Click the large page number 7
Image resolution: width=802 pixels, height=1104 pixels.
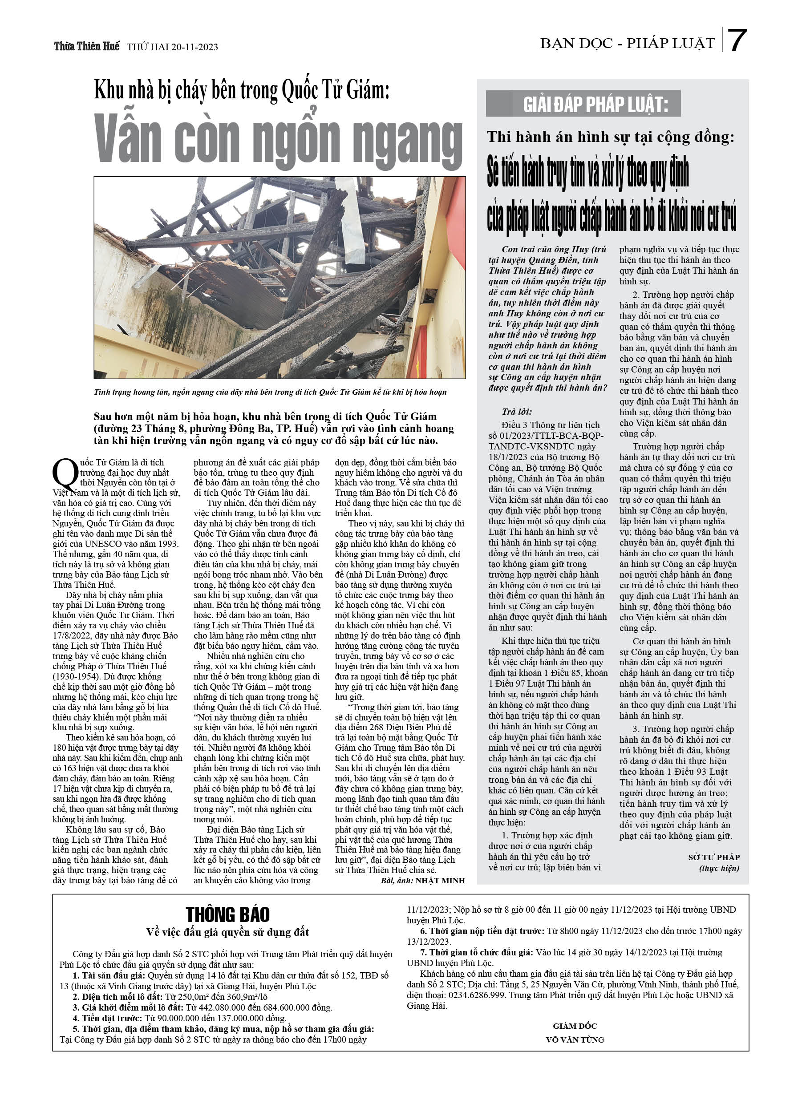coord(737,40)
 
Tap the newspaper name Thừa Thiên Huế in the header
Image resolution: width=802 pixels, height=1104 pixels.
coord(87,47)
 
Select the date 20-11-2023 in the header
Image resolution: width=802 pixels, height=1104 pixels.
coord(194,47)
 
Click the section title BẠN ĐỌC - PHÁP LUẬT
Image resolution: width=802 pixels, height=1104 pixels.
coord(627,44)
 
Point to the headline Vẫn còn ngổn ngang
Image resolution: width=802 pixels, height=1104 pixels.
coord(278,139)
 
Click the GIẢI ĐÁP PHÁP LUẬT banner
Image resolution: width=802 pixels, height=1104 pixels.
coord(583,104)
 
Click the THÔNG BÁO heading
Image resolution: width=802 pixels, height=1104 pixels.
coord(227,914)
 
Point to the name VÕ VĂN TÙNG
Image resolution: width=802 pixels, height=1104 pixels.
coord(575,1039)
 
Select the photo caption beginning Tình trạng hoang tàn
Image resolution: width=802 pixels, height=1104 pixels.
coord(270,392)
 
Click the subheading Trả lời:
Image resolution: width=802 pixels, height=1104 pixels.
coord(517,411)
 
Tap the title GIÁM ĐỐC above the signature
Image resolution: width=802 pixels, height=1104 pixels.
coord(575,1026)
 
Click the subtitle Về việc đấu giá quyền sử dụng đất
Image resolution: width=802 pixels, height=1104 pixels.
coord(227,932)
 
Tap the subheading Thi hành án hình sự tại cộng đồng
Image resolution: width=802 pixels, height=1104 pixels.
coord(610,137)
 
